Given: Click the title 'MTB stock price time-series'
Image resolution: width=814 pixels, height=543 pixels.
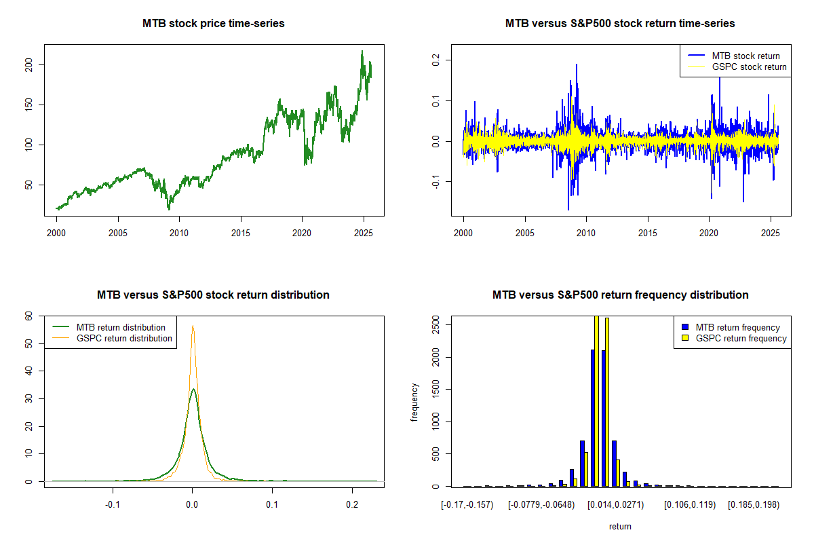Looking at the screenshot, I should pos(213,24).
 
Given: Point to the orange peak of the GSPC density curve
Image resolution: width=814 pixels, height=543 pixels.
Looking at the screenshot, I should pos(193,326).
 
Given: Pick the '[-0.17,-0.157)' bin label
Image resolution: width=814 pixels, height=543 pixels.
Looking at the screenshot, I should pos(467,506).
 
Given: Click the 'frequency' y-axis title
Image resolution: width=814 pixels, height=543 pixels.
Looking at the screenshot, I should pos(414,401).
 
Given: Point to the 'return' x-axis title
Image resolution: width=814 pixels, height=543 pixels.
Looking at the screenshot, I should pos(620,526).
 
